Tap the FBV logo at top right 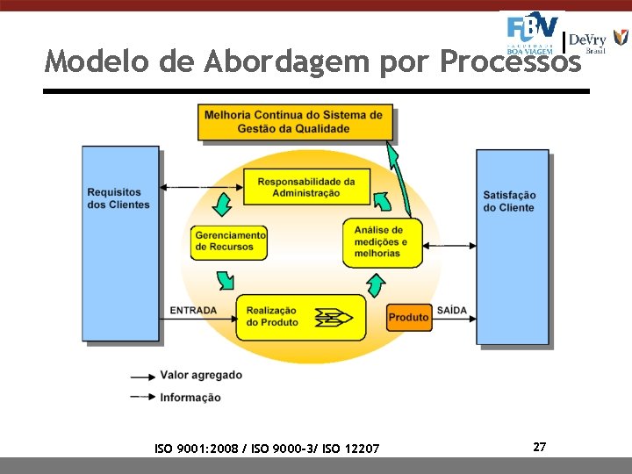click(x=532, y=32)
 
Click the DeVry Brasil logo click(x=597, y=40)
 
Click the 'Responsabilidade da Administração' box click(x=306, y=187)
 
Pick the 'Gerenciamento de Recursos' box click(x=230, y=241)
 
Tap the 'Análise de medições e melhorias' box click(x=382, y=241)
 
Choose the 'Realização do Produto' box click(x=300, y=317)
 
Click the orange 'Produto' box click(x=408, y=317)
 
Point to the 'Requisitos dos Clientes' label click(x=118, y=198)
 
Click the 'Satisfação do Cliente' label click(x=509, y=201)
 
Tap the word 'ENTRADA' click(x=193, y=311)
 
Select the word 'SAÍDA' click(x=451, y=311)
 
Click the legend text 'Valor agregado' click(x=201, y=375)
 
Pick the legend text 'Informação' click(x=190, y=398)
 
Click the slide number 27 click(x=539, y=448)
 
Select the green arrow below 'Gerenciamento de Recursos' click(x=226, y=279)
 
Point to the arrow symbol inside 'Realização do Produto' click(x=333, y=317)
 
